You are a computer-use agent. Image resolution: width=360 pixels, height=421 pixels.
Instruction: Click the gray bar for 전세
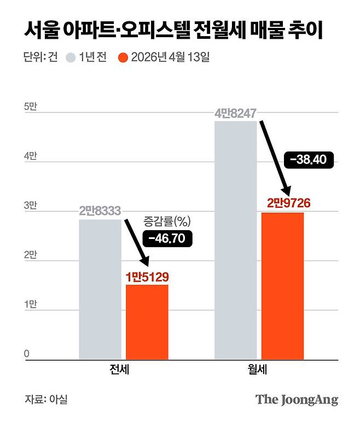pyautogui.click(x=100, y=290)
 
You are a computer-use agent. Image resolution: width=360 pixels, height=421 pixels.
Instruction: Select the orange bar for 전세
pyautogui.click(x=147, y=322)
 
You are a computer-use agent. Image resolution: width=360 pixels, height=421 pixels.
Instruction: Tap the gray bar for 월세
pyautogui.click(x=235, y=241)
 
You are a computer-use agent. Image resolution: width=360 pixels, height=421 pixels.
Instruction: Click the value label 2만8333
pyautogui.click(x=100, y=210)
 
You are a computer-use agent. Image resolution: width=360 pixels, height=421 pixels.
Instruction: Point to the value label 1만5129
pyautogui.click(x=147, y=276)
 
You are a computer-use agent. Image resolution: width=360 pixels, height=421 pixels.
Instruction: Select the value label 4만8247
pyautogui.click(x=235, y=114)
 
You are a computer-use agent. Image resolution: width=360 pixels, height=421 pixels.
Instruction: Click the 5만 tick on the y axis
pyautogui.click(x=30, y=108)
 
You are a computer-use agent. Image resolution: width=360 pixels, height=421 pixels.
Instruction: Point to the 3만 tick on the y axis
pyautogui.click(x=30, y=206)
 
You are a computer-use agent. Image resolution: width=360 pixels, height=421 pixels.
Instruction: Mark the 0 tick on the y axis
pyautogui.click(x=26, y=354)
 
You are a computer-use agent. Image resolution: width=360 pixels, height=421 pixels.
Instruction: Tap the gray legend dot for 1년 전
pyautogui.click(x=71, y=57)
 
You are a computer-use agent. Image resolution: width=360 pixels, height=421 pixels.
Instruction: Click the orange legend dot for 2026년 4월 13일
pyautogui.click(x=123, y=57)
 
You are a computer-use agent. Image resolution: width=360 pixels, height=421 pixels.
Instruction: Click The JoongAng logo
pyautogui.click(x=297, y=399)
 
